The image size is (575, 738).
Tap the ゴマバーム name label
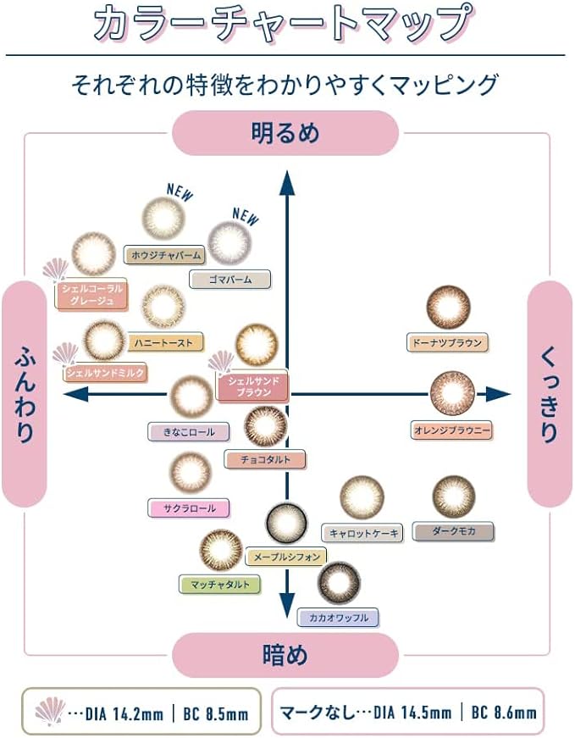coord(230,279)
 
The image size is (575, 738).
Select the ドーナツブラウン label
coord(447,342)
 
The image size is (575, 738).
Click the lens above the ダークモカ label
coord(454,497)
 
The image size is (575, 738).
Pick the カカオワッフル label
coord(338,617)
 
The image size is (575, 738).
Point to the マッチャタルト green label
coord(219,584)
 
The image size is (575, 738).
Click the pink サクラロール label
coord(189,508)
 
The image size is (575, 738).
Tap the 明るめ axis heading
coord(285,133)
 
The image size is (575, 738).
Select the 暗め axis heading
coord(285,655)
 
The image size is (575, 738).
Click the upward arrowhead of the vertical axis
coord(286,184)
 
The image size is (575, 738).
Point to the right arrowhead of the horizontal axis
coord(499,394)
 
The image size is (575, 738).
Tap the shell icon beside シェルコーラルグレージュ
coord(56,269)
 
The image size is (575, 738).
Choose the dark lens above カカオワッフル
coord(339,583)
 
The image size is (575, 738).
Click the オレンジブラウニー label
coord(451,430)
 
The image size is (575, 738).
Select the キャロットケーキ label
coord(362,533)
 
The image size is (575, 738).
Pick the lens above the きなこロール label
coord(191,397)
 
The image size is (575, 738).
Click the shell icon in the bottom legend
coord(50,711)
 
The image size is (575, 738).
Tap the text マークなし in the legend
coord(316,712)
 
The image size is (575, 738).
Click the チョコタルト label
coord(265,459)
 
